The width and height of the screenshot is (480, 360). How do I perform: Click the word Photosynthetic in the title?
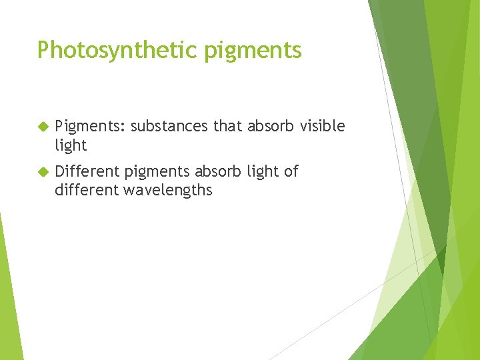(x=107, y=50)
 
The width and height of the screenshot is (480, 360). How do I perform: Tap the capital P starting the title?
(x=43, y=49)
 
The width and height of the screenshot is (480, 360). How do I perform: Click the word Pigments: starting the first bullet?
(x=90, y=127)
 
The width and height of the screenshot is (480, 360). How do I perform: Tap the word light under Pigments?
(x=71, y=145)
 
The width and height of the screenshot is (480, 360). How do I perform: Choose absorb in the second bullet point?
(x=214, y=171)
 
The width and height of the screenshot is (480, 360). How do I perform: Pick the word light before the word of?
(x=262, y=172)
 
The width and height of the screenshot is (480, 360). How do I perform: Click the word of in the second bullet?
(x=291, y=171)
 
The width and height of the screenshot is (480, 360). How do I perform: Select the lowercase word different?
(x=84, y=190)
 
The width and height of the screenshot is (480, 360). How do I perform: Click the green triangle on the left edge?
(x=8, y=293)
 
